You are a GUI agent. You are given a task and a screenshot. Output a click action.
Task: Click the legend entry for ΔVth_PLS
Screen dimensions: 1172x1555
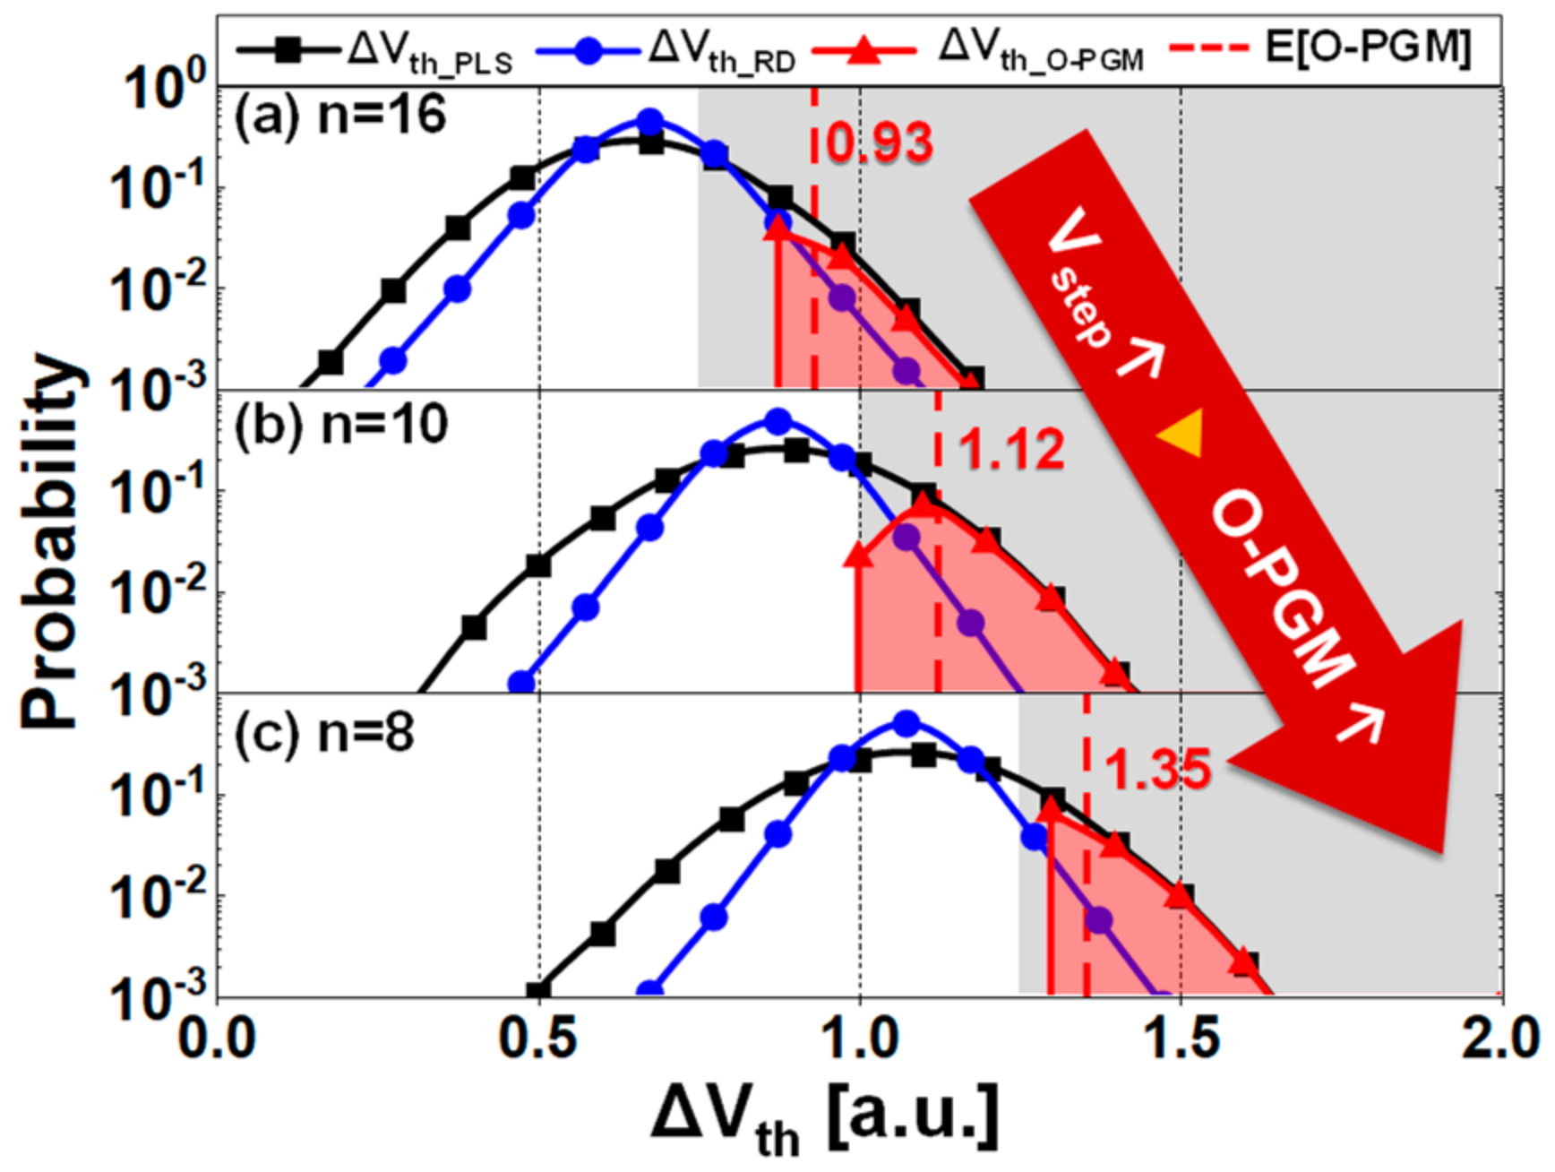click(376, 52)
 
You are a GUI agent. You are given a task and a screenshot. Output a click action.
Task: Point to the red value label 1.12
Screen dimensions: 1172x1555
click(1012, 449)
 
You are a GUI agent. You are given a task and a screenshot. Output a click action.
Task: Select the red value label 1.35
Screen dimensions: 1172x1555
click(1157, 769)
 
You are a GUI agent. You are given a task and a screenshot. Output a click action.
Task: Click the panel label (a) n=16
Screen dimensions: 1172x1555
click(340, 116)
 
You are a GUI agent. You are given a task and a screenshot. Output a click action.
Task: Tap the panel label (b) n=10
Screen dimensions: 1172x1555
click(341, 423)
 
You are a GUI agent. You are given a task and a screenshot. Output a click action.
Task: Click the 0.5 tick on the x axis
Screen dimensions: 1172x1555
click(538, 1039)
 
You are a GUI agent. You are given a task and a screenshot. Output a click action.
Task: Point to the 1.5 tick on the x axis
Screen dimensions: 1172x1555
click(1181, 1039)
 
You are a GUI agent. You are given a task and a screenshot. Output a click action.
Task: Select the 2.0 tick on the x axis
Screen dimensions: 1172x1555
click(1501, 1039)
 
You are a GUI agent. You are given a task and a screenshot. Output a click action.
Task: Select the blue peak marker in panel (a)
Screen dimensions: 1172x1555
click(650, 122)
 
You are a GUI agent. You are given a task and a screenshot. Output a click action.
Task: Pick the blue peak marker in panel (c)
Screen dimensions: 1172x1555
click(906, 723)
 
